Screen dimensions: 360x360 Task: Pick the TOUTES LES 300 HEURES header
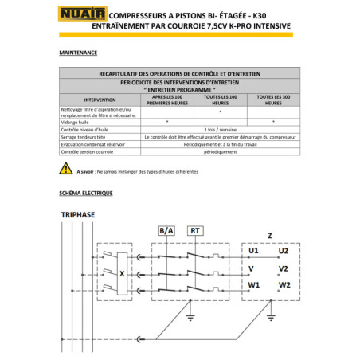point(272,100)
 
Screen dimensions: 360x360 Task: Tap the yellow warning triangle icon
point(65,170)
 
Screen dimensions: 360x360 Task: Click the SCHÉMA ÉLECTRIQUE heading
point(85,194)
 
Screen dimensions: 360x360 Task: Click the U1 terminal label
point(254,251)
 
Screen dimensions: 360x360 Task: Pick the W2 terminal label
point(284,284)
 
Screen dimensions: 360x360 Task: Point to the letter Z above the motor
point(270,236)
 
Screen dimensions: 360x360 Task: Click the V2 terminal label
point(284,268)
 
